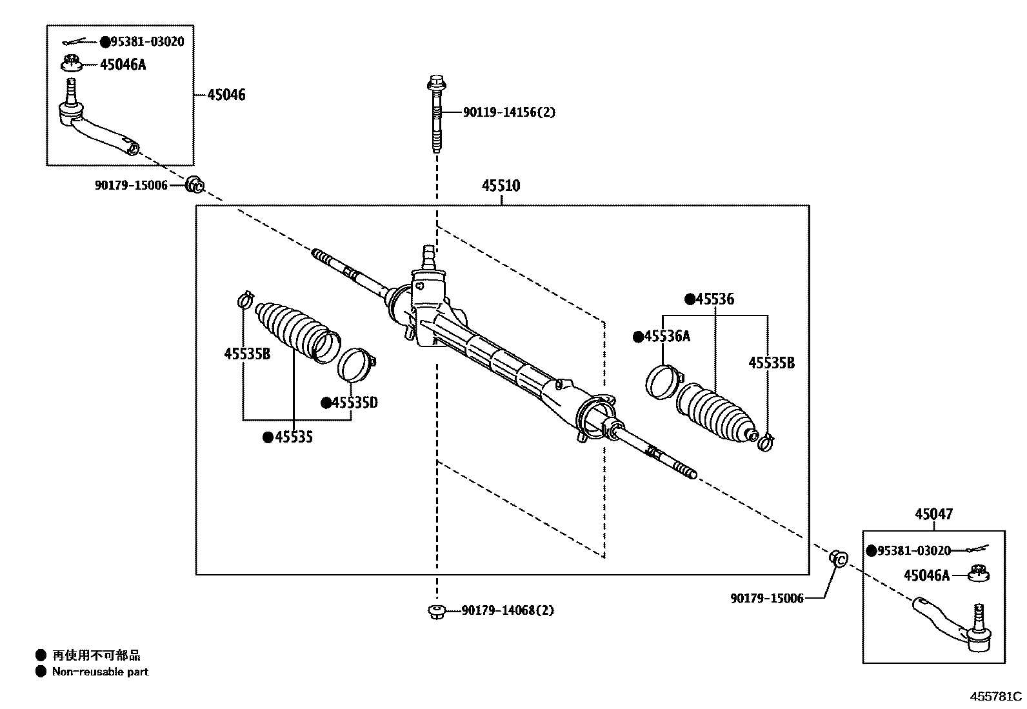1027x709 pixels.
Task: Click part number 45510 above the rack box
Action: pos(501,186)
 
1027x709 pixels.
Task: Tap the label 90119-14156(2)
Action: pos(508,112)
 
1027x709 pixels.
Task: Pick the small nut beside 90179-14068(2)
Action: pos(437,610)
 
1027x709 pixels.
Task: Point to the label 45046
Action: pos(226,95)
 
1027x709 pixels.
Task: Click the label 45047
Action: pos(933,514)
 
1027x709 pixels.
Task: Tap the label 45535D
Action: pos(354,403)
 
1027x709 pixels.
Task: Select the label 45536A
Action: pos(667,336)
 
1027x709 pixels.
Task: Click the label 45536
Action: pos(714,299)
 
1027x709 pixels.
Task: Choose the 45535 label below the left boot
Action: pos(294,437)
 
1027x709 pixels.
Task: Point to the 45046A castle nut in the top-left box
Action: pos(72,63)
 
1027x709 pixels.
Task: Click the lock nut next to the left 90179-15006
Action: pos(195,185)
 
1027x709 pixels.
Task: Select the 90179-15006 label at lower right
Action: pos(766,599)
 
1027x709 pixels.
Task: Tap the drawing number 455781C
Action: pos(997,697)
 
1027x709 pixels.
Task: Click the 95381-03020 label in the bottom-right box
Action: pos(913,550)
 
